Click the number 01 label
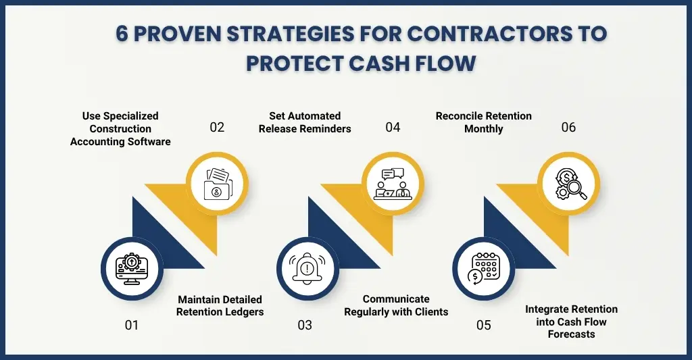coord(131,325)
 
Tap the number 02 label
coord(216,126)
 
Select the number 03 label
coord(305,325)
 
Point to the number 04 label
coord(393,126)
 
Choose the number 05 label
coord(483,325)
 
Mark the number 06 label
coord(568,126)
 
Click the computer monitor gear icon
coord(132,267)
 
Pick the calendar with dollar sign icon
coord(483,267)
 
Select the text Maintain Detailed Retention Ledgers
coord(219,305)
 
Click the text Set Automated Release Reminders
coord(305,122)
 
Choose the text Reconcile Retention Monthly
coord(483,122)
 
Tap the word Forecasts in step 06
coord(571,334)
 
